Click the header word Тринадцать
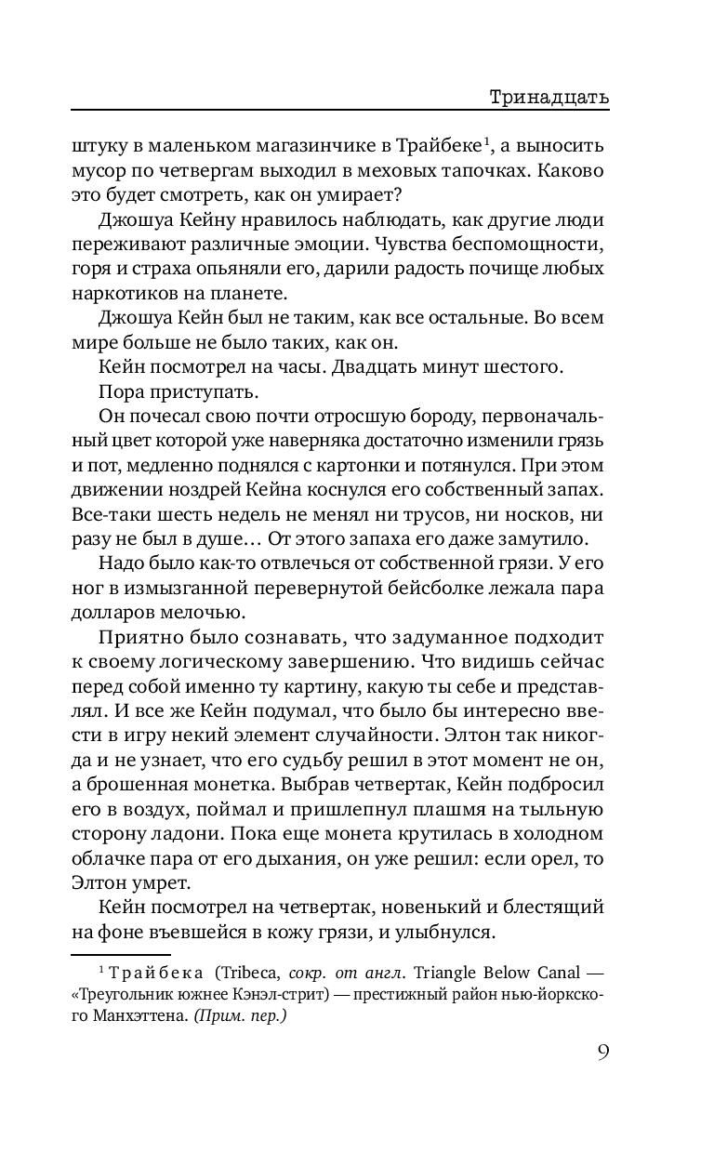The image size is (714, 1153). point(548,97)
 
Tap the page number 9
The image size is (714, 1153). point(602,1053)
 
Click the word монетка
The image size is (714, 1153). point(226,759)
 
